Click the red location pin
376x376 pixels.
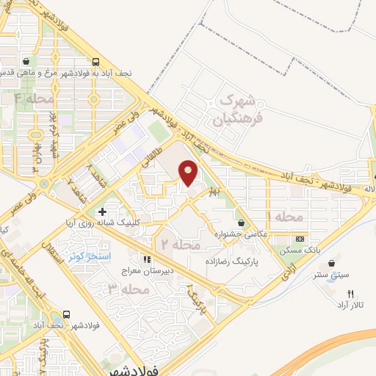[x=189, y=172]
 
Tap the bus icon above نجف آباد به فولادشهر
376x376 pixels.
[x=98, y=62]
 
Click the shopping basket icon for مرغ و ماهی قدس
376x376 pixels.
[x=26, y=62]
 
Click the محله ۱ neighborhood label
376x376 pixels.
[x=280, y=217]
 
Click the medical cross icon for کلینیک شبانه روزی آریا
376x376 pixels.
[x=102, y=211]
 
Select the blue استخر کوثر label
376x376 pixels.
[x=88, y=256]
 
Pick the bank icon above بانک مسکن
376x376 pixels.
[x=300, y=239]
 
